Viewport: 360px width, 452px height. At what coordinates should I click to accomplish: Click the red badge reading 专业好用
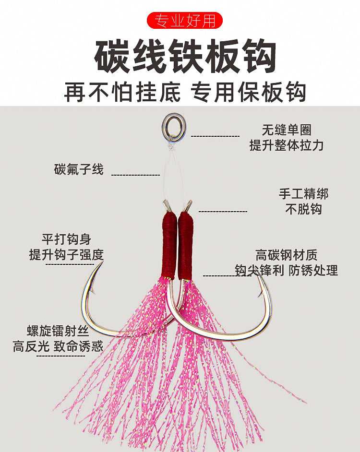(x=185, y=20)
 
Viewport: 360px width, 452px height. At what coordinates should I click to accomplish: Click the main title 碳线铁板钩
(x=185, y=56)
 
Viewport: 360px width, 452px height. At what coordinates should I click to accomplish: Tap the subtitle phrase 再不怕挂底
(x=122, y=92)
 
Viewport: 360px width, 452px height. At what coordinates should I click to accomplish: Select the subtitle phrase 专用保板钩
(x=248, y=92)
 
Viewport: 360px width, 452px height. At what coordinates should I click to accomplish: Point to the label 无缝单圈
(x=287, y=130)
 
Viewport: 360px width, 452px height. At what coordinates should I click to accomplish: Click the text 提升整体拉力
(x=287, y=145)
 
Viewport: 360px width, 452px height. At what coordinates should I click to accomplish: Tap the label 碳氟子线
(x=79, y=169)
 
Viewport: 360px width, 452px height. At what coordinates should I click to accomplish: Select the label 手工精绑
(x=303, y=194)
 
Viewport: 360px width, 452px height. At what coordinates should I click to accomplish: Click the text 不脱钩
(x=303, y=209)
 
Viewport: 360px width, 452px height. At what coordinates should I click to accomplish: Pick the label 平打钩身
(x=67, y=239)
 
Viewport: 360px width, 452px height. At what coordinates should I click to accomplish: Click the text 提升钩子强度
(x=66, y=254)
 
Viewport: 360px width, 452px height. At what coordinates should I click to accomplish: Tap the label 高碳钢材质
(x=287, y=255)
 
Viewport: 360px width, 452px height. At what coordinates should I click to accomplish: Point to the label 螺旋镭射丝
(x=58, y=331)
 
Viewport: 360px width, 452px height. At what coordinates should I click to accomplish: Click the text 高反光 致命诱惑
(x=58, y=346)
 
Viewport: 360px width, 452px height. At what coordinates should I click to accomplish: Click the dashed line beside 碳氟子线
(x=135, y=175)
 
